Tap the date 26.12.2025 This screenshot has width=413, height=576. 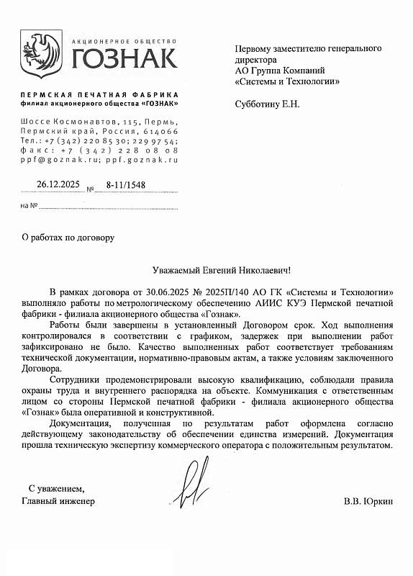pyautogui.click(x=61, y=184)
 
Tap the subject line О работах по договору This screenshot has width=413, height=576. pyautogui.click(x=68, y=236)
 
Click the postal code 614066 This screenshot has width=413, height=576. pyautogui.click(x=160, y=131)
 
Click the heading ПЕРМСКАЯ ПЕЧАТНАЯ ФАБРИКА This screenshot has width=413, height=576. pyautogui.click(x=99, y=95)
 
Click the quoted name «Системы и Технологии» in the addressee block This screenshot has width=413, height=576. pyautogui.click(x=288, y=81)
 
